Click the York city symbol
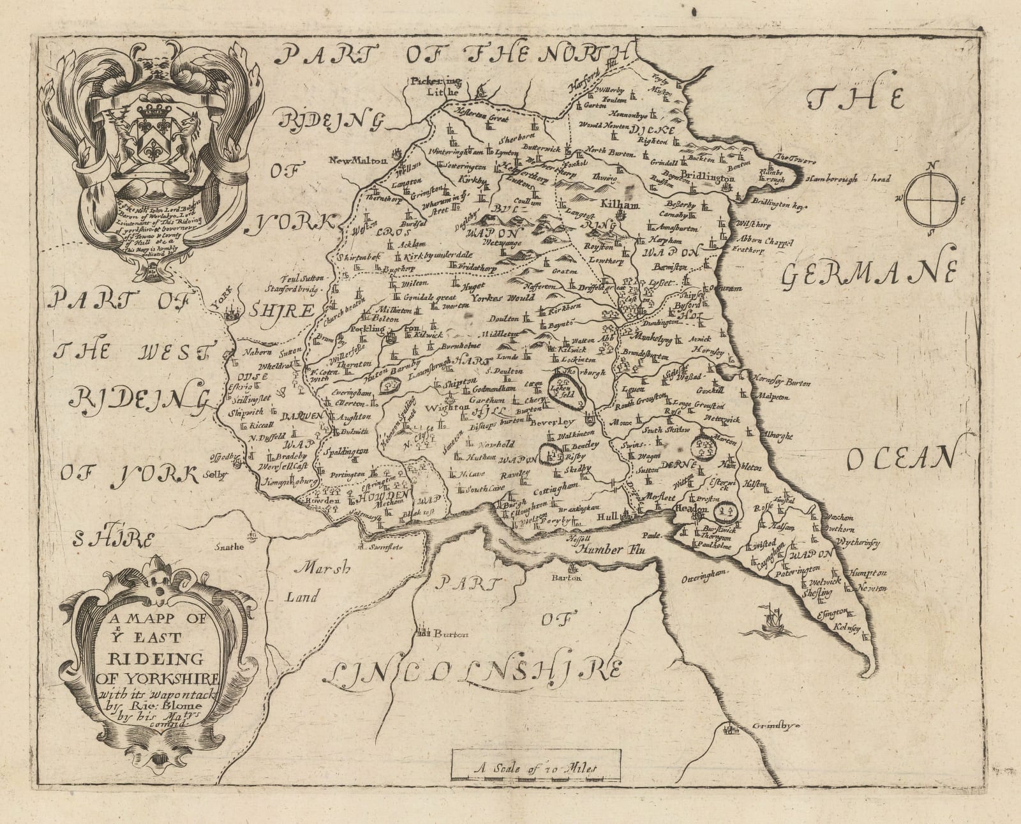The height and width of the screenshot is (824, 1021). point(231,311)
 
